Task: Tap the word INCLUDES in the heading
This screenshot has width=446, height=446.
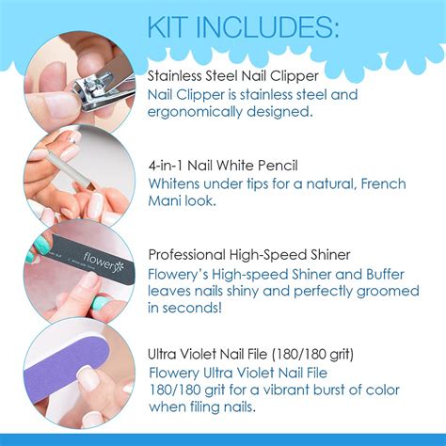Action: pyautogui.click(x=267, y=26)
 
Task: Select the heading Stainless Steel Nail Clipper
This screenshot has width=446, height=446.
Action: pyautogui.click(x=233, y=76)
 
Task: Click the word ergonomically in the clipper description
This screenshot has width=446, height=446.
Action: pyautogui.click(x=195, y=112)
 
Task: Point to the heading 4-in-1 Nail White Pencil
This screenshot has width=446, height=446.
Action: pyautogui.click(x=223, y=166)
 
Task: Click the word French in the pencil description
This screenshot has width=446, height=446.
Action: pyautogui.click(x=383, y=183)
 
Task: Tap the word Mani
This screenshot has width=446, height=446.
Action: pyautogui.click(x=165, y=200)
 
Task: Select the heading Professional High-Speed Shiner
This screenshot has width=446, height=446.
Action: pyautogui.click(x=249, y=255)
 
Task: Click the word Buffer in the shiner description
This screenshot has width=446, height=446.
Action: pyautogui.click(x=385, y=275)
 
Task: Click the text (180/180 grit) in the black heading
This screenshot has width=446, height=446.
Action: pyautogui.click(x=312, y=355)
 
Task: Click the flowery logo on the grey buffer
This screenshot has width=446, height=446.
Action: pyautogui.click(x=104, y=263)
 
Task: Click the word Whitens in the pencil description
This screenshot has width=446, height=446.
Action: pyautogui.click(x=174, y=183)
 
